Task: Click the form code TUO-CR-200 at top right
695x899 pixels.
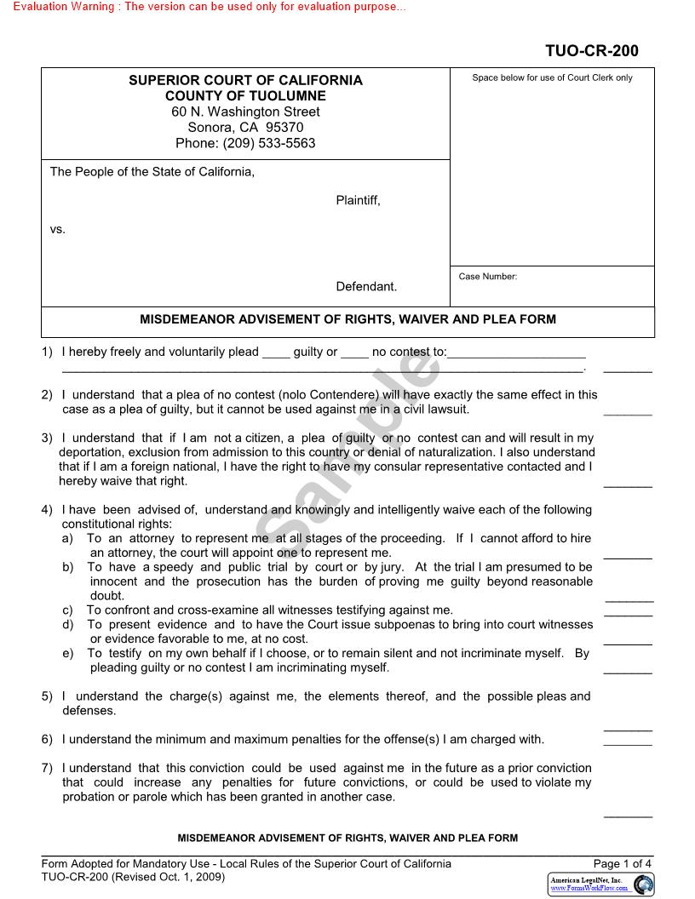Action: pos(591,51)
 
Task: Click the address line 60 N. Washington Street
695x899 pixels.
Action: pos(245,112)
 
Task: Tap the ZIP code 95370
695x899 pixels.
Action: pos(284,128)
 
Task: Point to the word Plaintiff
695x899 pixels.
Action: pos(358,201)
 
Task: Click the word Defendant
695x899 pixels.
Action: pos(366,287)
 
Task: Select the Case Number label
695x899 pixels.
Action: pos(487,277)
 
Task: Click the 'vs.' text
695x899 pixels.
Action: pos(58,230)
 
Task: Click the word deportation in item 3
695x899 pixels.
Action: pos(91,452)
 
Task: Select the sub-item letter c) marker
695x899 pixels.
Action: pos(67,610)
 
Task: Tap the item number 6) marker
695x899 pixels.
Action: pos(48,739)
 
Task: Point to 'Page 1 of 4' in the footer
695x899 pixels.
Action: pos(623,863)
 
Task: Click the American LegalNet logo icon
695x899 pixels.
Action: pos(644,884)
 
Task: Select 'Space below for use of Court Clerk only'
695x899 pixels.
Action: pos(552,78)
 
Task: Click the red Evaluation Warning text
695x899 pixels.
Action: pos(210,7)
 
